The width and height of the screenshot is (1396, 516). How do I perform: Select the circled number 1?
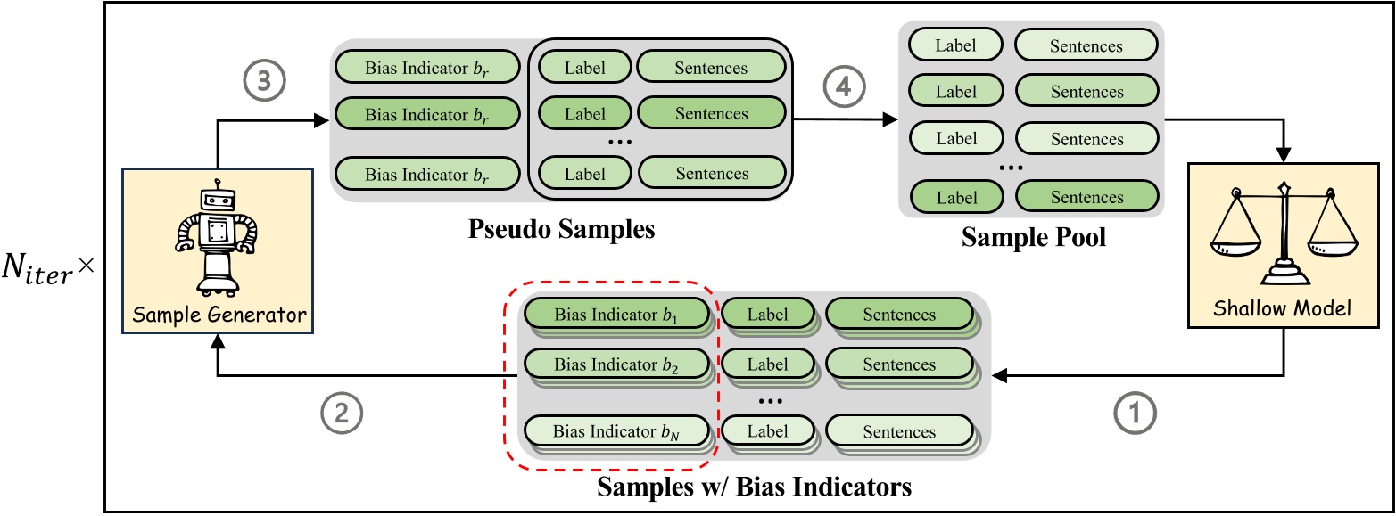1135,413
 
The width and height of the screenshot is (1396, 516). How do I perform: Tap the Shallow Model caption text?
1283,309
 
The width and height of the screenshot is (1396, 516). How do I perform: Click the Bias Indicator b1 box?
616,314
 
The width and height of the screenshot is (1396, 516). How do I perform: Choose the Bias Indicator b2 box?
616,364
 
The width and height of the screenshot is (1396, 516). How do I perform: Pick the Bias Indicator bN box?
616,431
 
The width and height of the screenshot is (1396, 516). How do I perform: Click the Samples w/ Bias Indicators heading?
754,487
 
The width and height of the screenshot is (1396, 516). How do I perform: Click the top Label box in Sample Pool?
954,45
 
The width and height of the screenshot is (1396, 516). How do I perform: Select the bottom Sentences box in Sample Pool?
1086,197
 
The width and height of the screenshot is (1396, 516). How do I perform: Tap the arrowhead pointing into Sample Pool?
892,119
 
